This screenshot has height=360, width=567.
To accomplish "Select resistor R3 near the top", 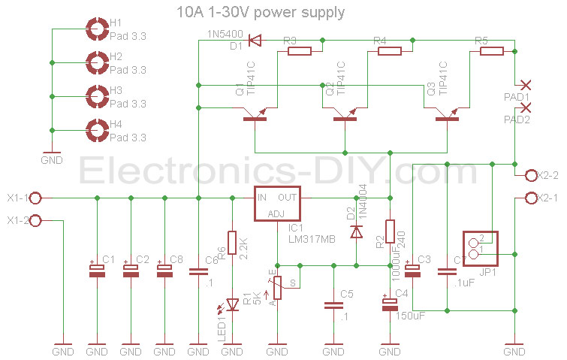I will pos(300,51).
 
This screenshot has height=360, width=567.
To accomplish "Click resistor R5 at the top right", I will pos(492,51).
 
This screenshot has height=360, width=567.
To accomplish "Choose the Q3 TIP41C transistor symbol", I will pos(448,115).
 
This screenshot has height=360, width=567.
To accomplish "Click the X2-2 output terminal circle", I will pos(529,176).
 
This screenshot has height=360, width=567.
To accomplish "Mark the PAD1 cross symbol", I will pos(526,85).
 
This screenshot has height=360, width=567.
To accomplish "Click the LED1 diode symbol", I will pos(232,304).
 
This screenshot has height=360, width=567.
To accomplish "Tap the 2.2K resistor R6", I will pos(232,243).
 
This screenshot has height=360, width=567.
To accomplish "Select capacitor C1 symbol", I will pos(97,271).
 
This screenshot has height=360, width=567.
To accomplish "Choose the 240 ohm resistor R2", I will pos(390,231).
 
